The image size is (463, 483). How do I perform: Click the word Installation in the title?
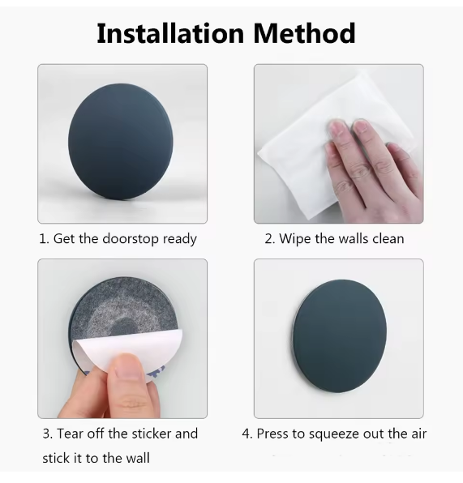tap(170, 33)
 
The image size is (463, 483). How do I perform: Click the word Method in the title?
tap(305, 33)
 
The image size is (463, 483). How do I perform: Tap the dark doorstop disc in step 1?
tap(121, 141)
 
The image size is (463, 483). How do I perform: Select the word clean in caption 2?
tap(388, 239)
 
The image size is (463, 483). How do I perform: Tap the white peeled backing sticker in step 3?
tap(126, 351)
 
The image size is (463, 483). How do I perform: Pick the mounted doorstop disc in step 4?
tap(340, 336)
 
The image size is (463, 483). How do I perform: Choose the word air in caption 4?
tap(419, 434)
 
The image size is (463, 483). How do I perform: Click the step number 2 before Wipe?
tap(268, 239)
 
